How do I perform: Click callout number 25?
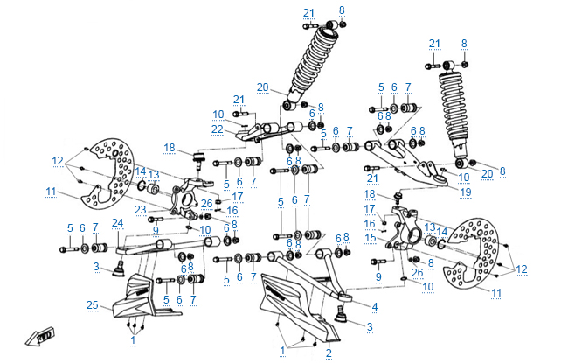92,304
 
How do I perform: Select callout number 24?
116,223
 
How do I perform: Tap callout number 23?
139,210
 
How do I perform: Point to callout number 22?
218,129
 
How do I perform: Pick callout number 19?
466,191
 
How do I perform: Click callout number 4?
374,306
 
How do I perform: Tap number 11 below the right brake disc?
495,292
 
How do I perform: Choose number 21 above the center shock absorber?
308,12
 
